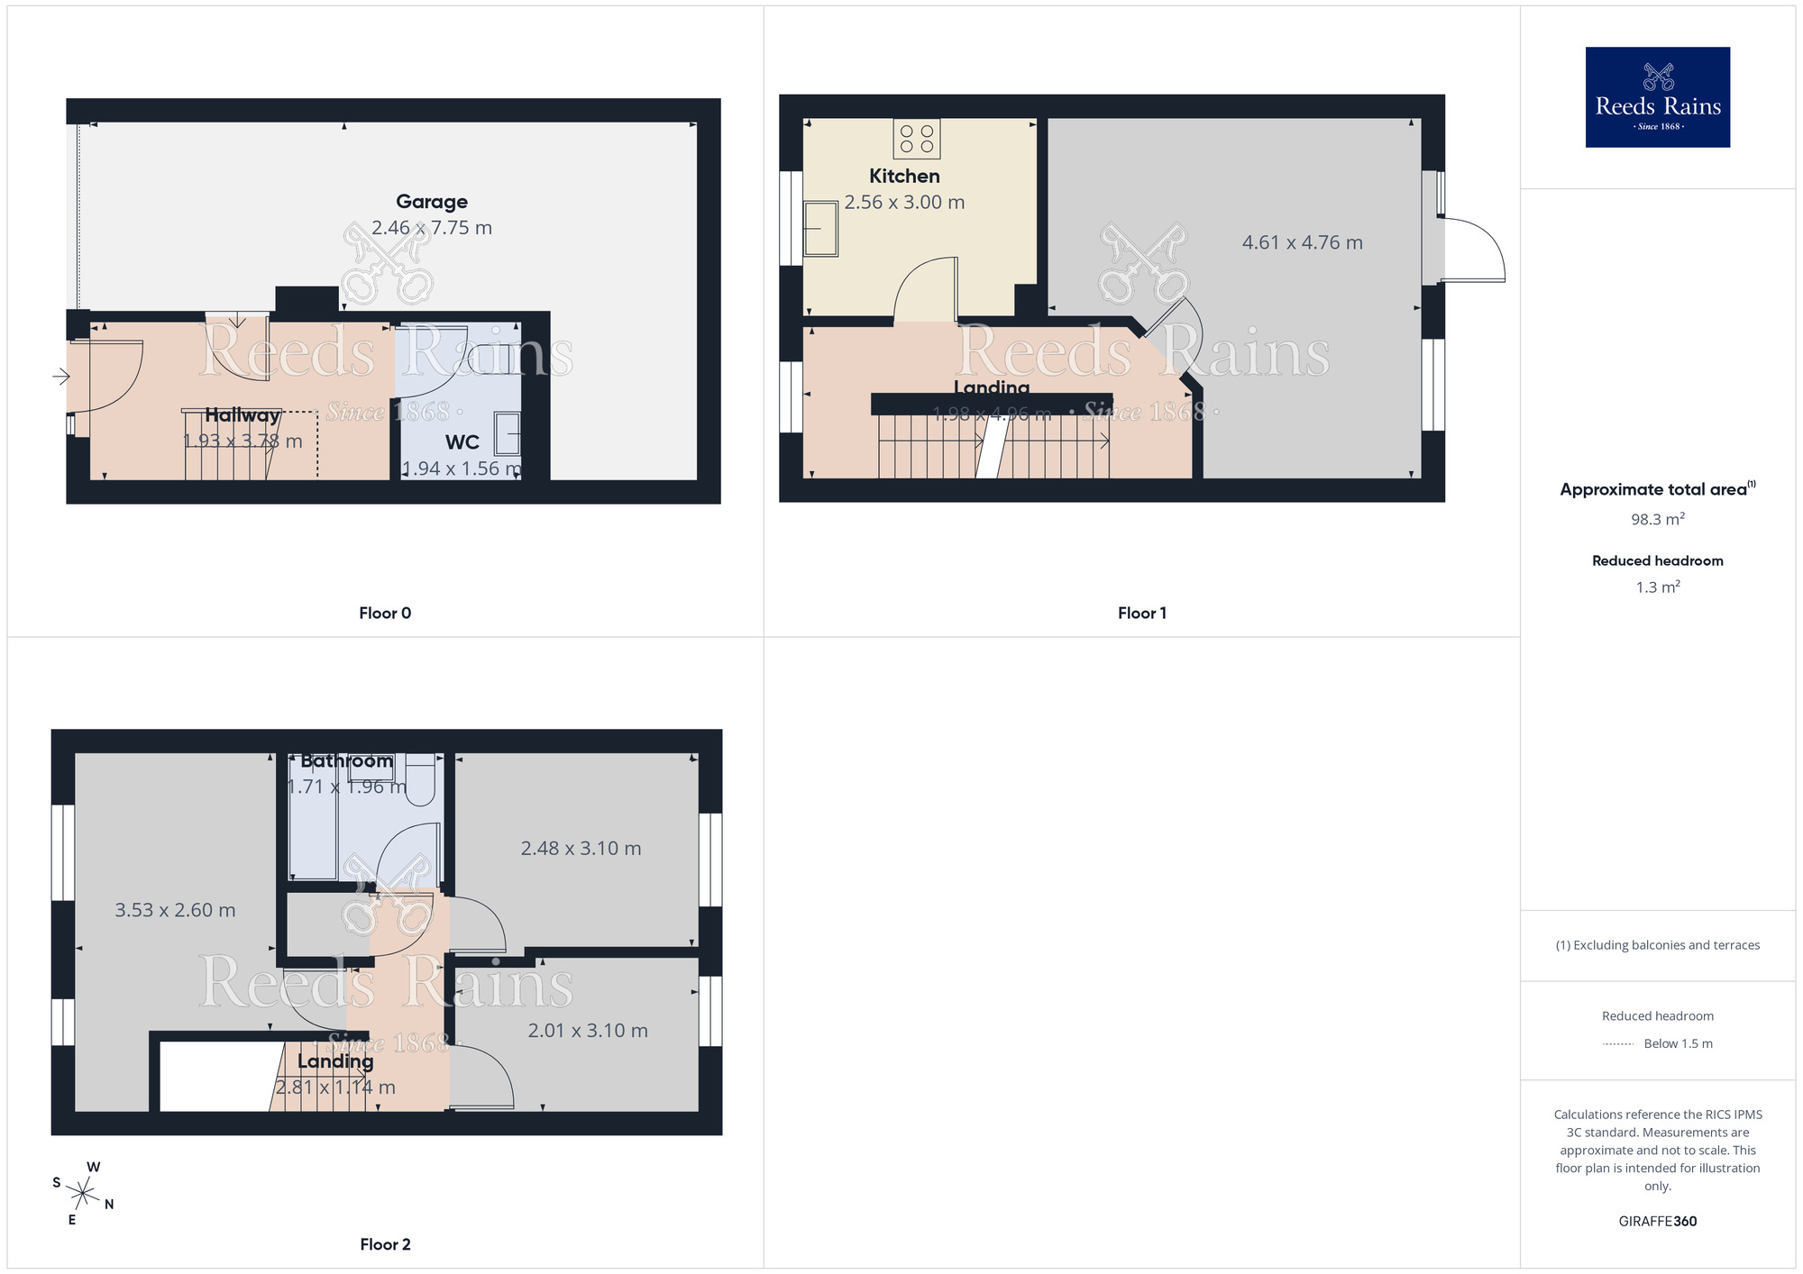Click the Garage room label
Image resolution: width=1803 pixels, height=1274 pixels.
(432, 202)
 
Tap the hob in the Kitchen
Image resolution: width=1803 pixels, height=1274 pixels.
(917, 139)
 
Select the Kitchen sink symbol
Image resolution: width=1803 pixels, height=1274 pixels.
(821, 229)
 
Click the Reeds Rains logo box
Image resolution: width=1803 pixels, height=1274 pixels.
(1657, 97)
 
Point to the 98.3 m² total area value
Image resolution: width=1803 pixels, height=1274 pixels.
(1657, 520)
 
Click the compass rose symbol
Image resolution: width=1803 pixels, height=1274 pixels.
(83, 1195)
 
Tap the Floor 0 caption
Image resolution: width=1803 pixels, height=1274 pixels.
(385, 614)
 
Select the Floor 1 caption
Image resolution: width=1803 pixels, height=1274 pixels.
(1141, 614)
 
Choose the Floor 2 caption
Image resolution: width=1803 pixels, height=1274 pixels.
(385, 1245)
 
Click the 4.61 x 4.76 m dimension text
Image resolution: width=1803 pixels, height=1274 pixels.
(1302, 242)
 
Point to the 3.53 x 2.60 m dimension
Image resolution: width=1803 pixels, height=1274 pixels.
(175, 911)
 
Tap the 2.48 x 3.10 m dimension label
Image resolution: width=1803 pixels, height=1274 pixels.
(581, 849)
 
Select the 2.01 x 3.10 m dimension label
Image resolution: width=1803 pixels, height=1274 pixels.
(588, 1031)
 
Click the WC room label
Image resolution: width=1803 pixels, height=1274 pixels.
(462, 442)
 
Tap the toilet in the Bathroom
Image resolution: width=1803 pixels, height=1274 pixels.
(421, 780)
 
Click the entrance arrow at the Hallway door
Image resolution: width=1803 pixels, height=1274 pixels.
(61, 377)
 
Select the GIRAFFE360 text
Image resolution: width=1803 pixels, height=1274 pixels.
(1657, 1222)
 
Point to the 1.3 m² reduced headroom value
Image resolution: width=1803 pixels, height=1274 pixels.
(1657, 587)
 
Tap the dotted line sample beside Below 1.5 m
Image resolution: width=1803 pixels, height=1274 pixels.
(1618, 1044)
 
